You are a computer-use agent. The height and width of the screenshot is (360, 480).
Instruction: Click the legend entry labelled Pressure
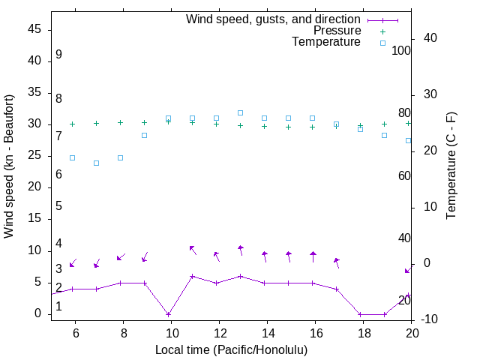[x=337, y=31]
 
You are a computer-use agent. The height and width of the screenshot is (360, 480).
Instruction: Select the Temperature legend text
[x=325, y=43]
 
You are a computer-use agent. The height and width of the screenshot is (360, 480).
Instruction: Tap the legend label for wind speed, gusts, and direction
[x=273, y=19]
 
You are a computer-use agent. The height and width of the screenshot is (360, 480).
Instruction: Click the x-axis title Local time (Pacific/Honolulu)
[x=231, y=350]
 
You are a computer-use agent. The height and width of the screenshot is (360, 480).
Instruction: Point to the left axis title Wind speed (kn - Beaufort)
[x=10, y=166]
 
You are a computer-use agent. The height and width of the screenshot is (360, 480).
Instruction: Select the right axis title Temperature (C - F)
[x=451, y=166]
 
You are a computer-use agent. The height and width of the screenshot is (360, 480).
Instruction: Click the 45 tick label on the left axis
[x=34, y=29]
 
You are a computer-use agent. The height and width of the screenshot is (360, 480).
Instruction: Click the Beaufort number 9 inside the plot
[x=58, y=55]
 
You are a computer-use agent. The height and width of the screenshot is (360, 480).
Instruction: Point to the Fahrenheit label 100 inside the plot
[x=401, y=51]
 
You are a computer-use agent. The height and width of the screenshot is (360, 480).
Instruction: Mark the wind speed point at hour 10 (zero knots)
[x=169, y=314]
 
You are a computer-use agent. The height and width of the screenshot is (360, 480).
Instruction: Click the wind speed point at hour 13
[x=241, y=276]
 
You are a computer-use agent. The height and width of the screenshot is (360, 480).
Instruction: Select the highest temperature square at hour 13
[x=241, y=112]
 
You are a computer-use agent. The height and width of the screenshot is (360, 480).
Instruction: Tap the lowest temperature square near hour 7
[x=96, y=163]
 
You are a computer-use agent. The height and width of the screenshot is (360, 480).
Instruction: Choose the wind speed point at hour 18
[x=361, y=314]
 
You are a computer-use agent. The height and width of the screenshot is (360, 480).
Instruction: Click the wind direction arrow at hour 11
[x=193, y=250]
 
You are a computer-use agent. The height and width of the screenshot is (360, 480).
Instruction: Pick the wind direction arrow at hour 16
[x=313, y=256]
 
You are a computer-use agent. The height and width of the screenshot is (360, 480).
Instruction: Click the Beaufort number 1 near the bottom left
[x=58, y=307]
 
